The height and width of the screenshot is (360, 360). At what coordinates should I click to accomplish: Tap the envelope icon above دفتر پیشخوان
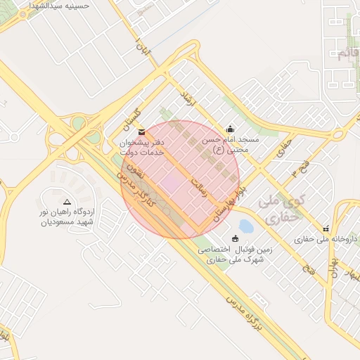143,131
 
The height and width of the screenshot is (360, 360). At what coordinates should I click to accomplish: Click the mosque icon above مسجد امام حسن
230,129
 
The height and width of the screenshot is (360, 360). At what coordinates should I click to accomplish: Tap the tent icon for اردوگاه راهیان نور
67,201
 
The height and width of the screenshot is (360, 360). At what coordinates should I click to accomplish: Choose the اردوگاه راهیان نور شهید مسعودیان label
67,217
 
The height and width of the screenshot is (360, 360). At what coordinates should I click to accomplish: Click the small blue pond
246,226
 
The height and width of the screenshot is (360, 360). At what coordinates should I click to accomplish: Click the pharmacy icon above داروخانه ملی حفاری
326,228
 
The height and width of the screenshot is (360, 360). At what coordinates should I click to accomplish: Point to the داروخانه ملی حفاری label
326,239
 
